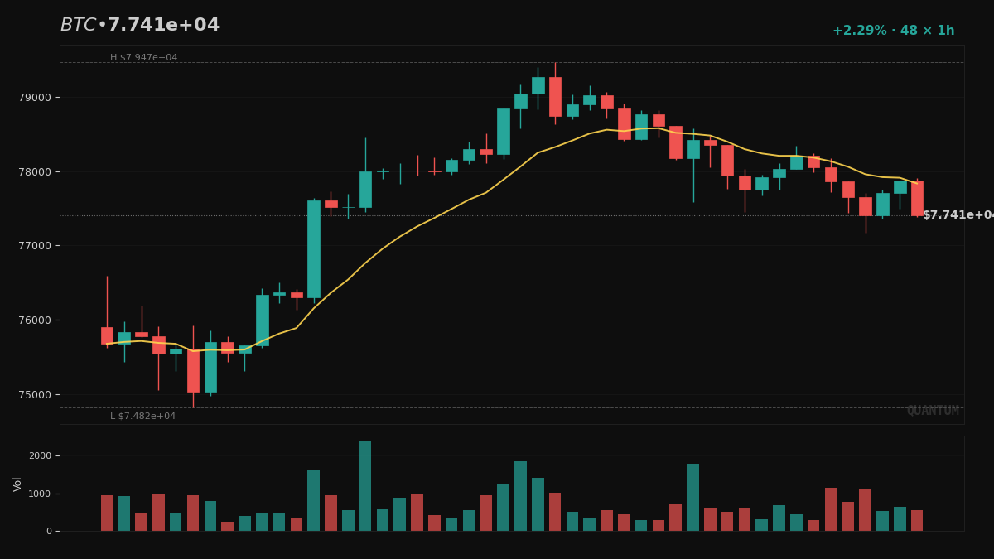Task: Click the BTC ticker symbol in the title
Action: pos(78,26)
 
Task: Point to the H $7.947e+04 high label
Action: pos(143,58)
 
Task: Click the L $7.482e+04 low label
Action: pos(142,416)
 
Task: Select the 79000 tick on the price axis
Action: pos(34,97)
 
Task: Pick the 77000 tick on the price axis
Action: pos(34,246)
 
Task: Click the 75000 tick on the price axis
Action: pos(34,394)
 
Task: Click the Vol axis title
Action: pos(17,484)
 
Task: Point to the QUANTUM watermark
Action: pos(932,411)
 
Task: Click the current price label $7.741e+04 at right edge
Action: pos(957,215)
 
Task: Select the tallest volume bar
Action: pos(365,485)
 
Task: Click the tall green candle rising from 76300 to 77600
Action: pos(314,248)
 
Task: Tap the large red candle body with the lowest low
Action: pos(193,370)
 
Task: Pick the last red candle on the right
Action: pos(917,198)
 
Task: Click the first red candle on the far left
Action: pos(107,335)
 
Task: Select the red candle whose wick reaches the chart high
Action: pos(555,96)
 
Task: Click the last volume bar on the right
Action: pos(917,520)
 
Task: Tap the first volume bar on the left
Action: pos(107,513)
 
